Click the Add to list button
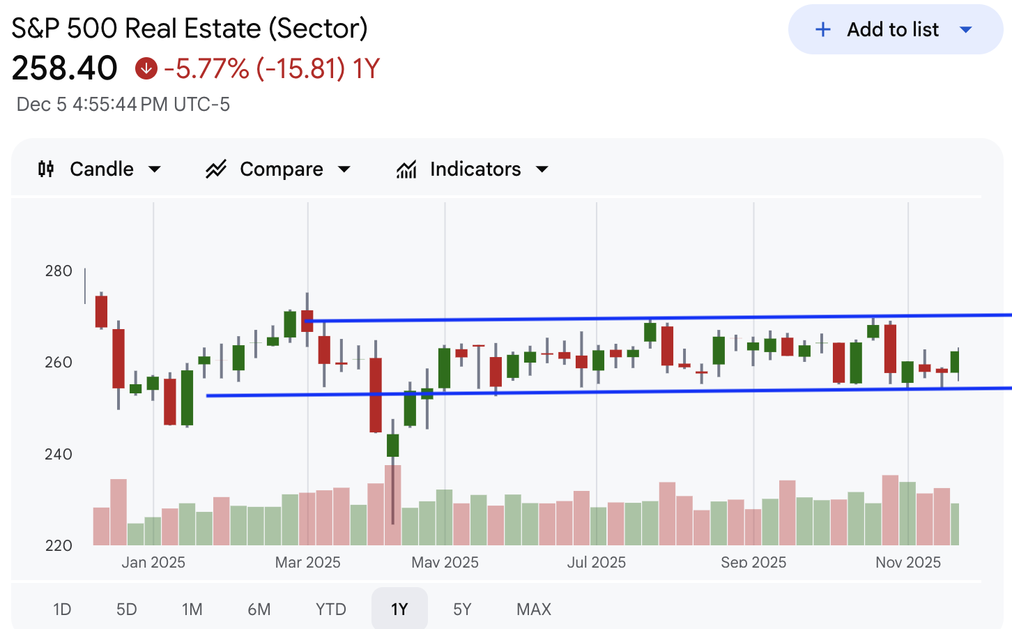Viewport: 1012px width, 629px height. (x=894, y=29)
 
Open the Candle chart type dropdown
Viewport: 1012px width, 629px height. (x=100, y=169)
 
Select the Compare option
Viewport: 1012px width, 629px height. (x=278, y=169)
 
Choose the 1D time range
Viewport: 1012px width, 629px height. (x=62, y=609)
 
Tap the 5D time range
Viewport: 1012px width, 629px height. (x=126, y=609)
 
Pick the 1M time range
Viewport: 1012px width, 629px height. (x=192, y=609)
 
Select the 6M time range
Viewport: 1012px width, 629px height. (x=259, y=609)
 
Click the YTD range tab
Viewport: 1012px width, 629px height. (x=330, y=609)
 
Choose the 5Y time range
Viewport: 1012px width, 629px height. (x=462, y=609)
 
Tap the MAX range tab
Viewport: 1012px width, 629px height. (x=533, y=609)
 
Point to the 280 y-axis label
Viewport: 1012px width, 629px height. (x=59, y=271)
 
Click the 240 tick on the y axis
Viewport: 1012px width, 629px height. (x=59, y=454)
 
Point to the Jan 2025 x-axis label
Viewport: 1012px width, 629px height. (x=153, y=562)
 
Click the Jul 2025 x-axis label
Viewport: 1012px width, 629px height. (x=596, y=562)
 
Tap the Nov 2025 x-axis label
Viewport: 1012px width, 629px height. (x=907, y=562)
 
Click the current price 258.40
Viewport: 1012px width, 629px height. (x=65, y=68)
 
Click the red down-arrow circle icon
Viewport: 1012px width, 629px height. (x=146, y=68)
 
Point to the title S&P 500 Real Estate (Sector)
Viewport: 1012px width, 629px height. (x=190, y=29)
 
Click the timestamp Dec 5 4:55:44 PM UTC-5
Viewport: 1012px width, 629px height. (x=123, y=105)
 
